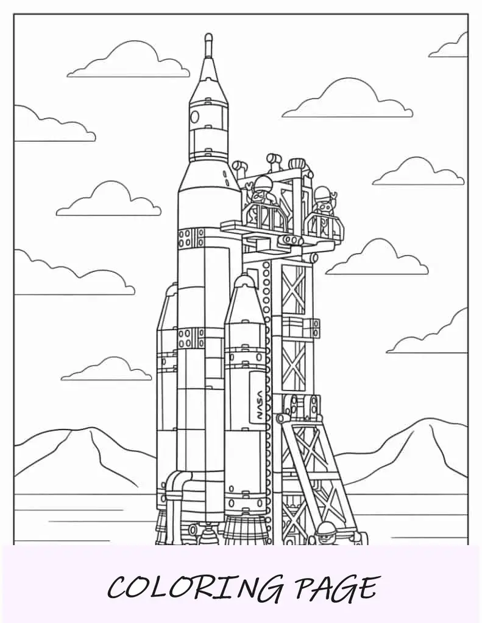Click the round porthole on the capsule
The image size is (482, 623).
[194, 116]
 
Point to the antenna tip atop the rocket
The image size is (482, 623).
[208, 37]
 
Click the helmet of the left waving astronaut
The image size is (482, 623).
[262, 184]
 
